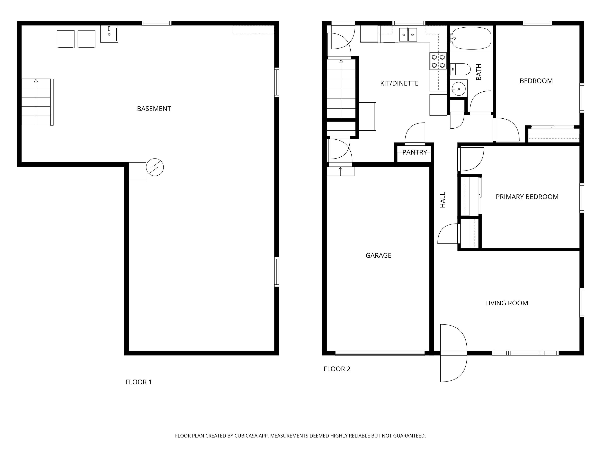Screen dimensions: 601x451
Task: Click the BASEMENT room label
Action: click(x=154, y=109)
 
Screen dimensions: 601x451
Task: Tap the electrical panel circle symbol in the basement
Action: click(x=155, y=167)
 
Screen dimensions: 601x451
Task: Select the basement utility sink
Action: click(x=109, y=34)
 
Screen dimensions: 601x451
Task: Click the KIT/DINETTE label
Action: click(x=399, y=83)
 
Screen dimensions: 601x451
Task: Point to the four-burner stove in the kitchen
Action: click(x=438, y=61)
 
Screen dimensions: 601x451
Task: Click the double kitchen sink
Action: click(x=408, y=34)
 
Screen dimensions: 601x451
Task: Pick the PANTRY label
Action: click(x=414, y=152)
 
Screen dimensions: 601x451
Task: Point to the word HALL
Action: click(x=443, y=200)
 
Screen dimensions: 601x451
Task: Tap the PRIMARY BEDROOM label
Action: click(x=527, y=197)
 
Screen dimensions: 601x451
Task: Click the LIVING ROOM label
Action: click(x=507, y=303)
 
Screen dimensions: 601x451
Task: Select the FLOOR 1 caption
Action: click(x=139, y=382)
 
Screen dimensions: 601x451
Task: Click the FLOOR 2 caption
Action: click(x=337, y=369)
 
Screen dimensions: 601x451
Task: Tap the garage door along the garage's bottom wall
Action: click(x=380, y=353)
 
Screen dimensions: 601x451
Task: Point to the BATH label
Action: click(x=479, y=72)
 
